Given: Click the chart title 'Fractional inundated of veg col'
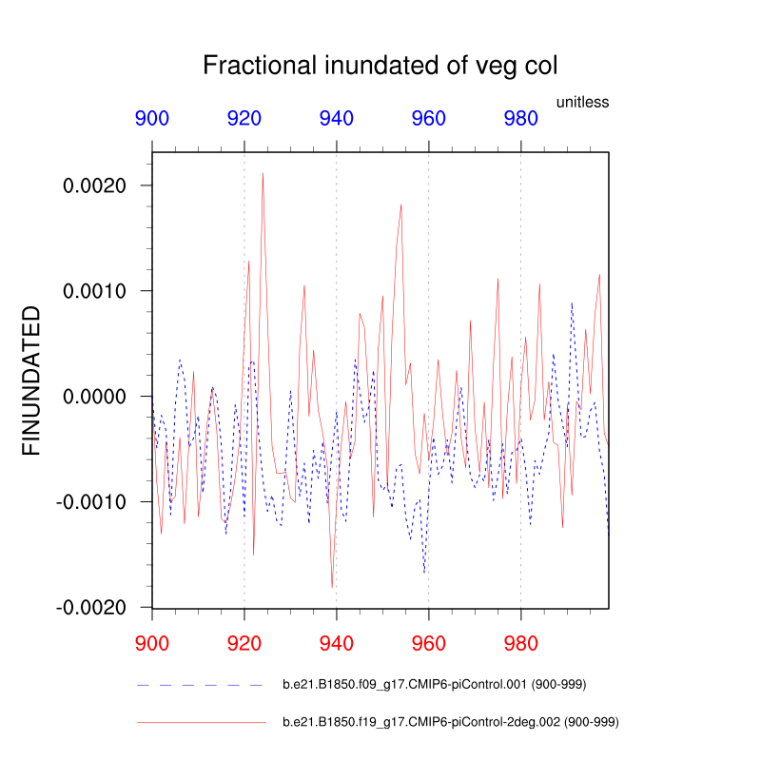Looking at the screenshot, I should tap(380, 66).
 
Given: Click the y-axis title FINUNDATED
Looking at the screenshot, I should tap(31, 380).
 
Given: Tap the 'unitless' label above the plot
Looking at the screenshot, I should tap(582, 102).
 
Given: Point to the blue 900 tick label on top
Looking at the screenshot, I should tap(152, 119).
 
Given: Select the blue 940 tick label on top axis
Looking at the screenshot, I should tap(337, 119).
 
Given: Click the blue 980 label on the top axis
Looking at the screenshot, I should tap(520, 119).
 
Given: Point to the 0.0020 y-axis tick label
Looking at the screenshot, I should tap(94, 185).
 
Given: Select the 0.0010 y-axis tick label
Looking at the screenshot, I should tap(94, 291).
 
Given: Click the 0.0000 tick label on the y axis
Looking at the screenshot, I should tap(94, 397).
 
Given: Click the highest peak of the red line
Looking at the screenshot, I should tap(263, 173).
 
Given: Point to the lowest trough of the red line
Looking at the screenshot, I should tap(332, 588).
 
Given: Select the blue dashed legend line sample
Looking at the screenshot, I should tap(200, 685).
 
